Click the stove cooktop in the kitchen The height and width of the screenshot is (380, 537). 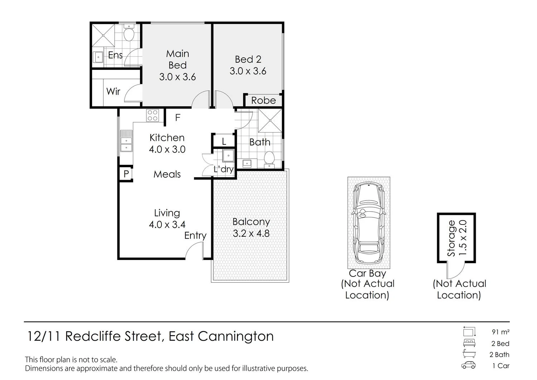153,115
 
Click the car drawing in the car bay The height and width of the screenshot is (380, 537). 368,223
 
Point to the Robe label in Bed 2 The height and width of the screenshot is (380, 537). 263,100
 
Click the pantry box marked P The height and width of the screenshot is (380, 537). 126,174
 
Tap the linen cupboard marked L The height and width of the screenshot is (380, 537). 224,141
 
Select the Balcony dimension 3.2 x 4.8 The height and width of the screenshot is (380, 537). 251,234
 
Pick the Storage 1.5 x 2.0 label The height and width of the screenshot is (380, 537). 457,238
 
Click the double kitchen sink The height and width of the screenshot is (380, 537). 126,141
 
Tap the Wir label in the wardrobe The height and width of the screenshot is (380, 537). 113,91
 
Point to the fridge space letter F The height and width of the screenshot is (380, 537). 178,117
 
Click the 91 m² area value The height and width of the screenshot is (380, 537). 500,332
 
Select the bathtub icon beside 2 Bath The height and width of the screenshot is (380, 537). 469,354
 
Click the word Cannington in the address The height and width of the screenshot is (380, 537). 236,336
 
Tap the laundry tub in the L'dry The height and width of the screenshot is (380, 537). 228,156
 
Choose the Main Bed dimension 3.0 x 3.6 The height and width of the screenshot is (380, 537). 178,77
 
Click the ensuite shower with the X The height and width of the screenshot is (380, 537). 103,35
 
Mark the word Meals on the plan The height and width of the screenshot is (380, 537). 167,174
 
